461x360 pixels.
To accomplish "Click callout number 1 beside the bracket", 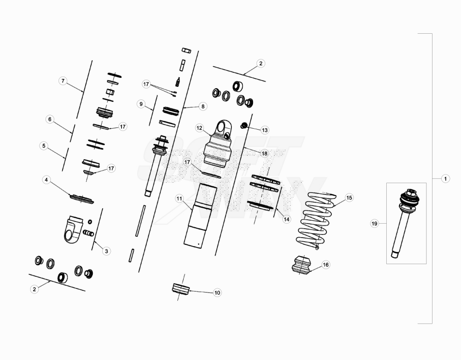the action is (445, 179).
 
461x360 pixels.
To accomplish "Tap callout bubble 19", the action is (374, 224).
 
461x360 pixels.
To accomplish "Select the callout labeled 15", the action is (349, 198).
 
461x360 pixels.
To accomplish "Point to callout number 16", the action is (326, 265).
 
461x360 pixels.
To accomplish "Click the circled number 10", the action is (217, 292).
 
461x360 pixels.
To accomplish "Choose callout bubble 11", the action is (179, 199).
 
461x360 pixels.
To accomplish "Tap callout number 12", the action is (199, 128).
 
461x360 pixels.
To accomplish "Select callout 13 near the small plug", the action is (265, 130).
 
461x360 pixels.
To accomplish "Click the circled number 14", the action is (286, 219).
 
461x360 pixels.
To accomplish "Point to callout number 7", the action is (63, 81).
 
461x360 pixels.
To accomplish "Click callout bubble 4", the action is (46, 180).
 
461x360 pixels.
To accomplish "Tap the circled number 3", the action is (106, 251).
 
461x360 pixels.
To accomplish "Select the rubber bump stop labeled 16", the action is (302, 265).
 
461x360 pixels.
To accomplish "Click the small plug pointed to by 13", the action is (243, 126).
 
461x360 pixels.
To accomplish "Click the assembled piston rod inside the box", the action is (405, 223).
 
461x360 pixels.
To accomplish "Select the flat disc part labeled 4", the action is (82, 199).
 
